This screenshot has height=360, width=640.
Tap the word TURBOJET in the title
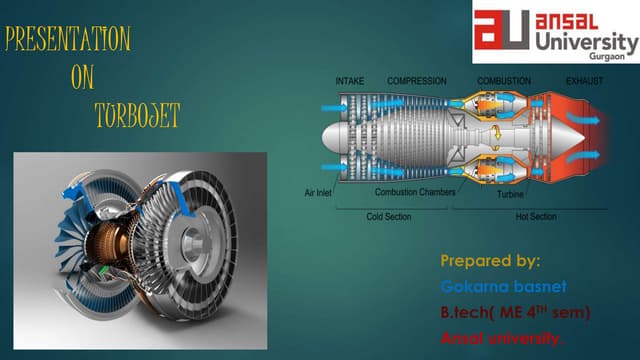click(137, 115)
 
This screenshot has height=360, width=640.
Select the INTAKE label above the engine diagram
click(350, 80)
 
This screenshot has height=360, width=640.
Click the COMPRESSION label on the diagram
click(417, 80)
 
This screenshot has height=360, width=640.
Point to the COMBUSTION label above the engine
click(504, 80)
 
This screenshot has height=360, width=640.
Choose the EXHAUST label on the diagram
click(585, 80)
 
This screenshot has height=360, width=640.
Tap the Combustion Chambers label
click(416, 191)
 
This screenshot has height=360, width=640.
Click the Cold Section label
click(389, 216)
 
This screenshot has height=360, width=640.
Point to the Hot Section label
click(535, 216)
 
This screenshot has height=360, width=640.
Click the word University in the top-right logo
click(586, 42)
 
